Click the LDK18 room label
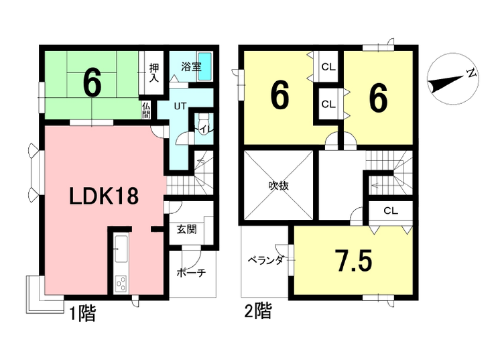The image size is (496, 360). point(105,196)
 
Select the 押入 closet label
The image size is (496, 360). point(153,73)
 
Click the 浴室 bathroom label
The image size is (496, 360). point(191,66)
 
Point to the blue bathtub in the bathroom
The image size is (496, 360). point(206,67)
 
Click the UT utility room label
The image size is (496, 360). point(180,106)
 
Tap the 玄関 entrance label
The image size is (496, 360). point(186,229)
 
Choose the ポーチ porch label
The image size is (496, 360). point(191,273)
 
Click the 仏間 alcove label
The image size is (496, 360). point(147,110)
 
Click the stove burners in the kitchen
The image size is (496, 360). point(121,284)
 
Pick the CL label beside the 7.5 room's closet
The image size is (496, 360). point(391,211)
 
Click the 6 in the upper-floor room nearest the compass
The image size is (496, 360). point(377,99)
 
